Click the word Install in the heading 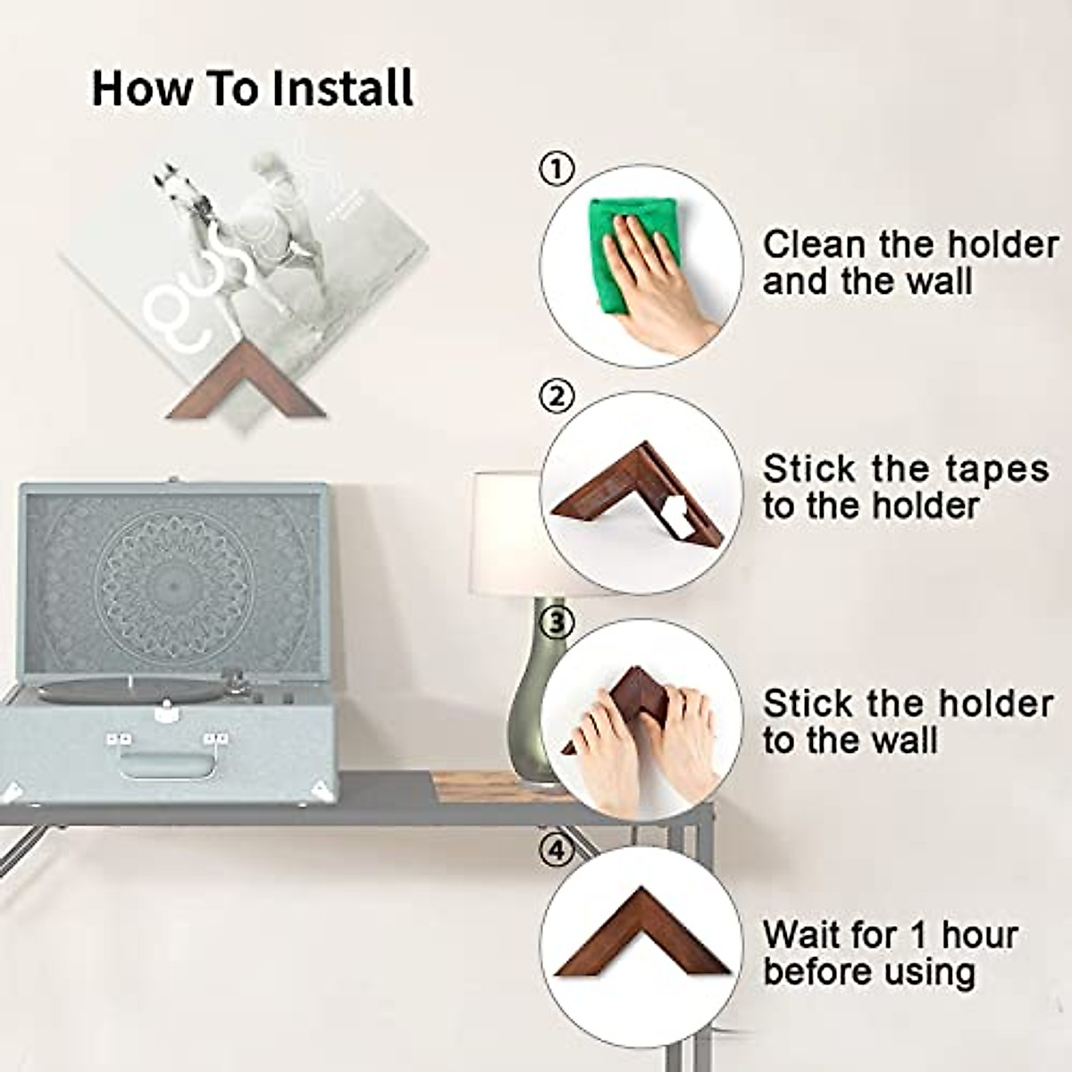[343, 88]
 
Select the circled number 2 [556, 396]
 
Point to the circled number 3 [556, 623]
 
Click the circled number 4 [556, 851]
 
